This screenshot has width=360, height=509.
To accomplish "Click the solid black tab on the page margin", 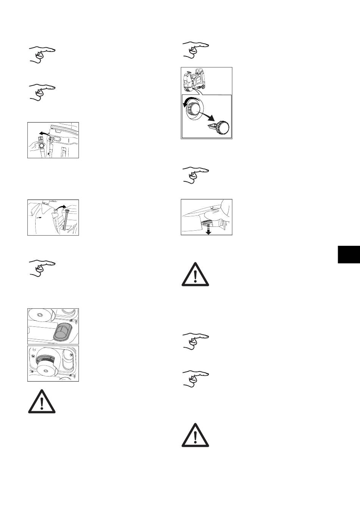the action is [348, 254].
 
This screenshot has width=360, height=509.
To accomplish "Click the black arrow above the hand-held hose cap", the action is [45, 134].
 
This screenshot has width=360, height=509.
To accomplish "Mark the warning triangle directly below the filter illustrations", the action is [41, 401].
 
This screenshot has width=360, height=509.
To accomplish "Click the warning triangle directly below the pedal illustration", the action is [195, 274].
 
